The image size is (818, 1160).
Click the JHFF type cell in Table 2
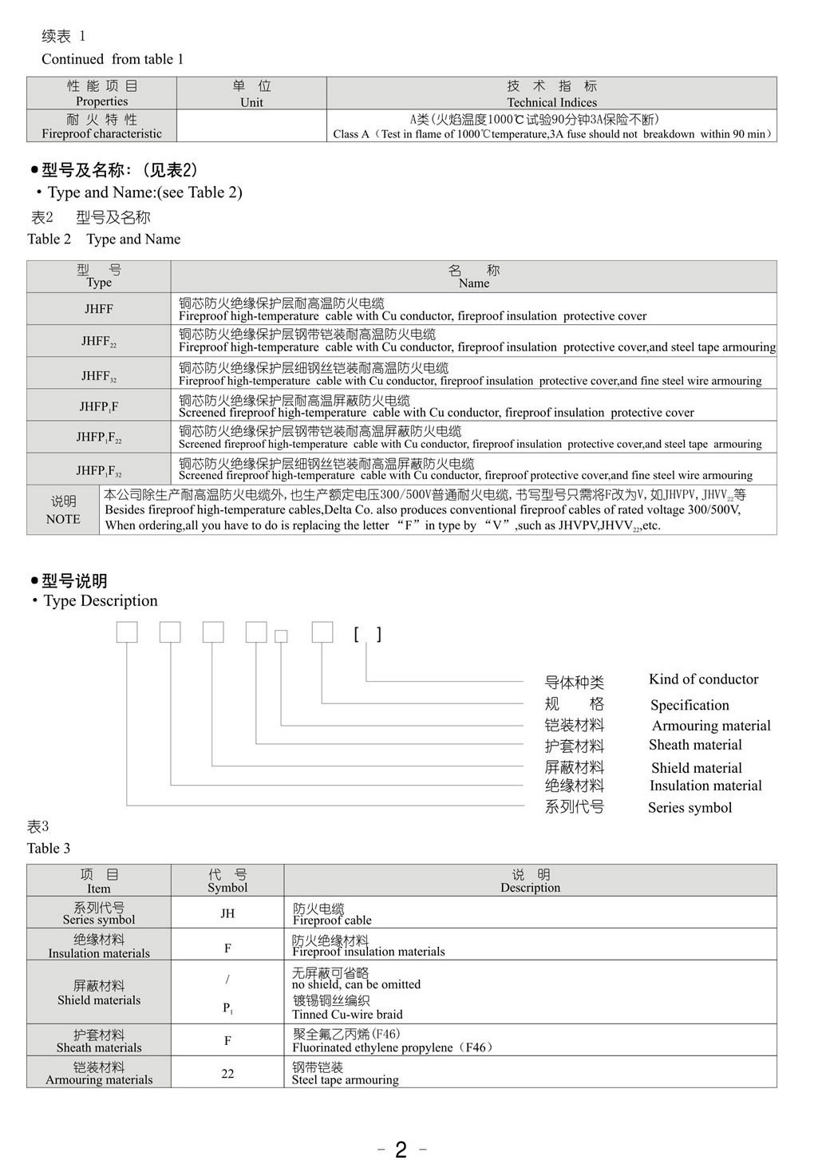point(99,309)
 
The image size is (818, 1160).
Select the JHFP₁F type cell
point(99,406)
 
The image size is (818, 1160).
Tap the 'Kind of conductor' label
point(703,679)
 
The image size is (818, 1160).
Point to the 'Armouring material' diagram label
point(710,726)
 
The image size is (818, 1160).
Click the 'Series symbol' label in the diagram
point(690,807)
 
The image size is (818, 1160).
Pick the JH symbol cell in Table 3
point(227,913)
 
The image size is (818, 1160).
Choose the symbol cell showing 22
point(227,1074)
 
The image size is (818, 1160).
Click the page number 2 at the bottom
point(401,1149)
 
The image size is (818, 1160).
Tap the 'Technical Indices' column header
point(551,102)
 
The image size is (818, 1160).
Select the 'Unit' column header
point(251,102)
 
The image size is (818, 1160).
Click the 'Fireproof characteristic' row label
point(101,134)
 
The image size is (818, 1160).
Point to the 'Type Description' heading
point(100,600)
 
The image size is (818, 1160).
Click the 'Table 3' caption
point(49,848)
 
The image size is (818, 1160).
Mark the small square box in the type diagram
point(281,636)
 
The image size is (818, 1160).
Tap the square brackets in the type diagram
point(368,634)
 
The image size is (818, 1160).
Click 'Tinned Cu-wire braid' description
point(347,1015)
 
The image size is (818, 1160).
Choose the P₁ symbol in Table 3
point(227,1008)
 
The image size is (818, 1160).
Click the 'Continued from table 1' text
point(113,59)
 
